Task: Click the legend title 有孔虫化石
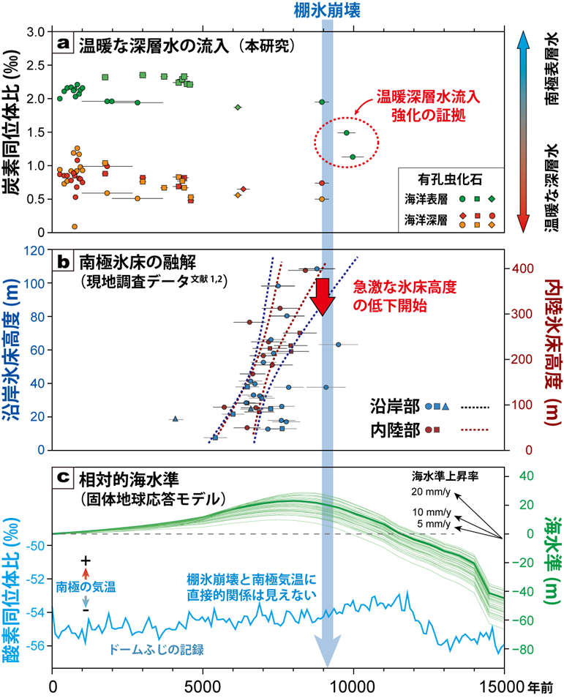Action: click(450, 178)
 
